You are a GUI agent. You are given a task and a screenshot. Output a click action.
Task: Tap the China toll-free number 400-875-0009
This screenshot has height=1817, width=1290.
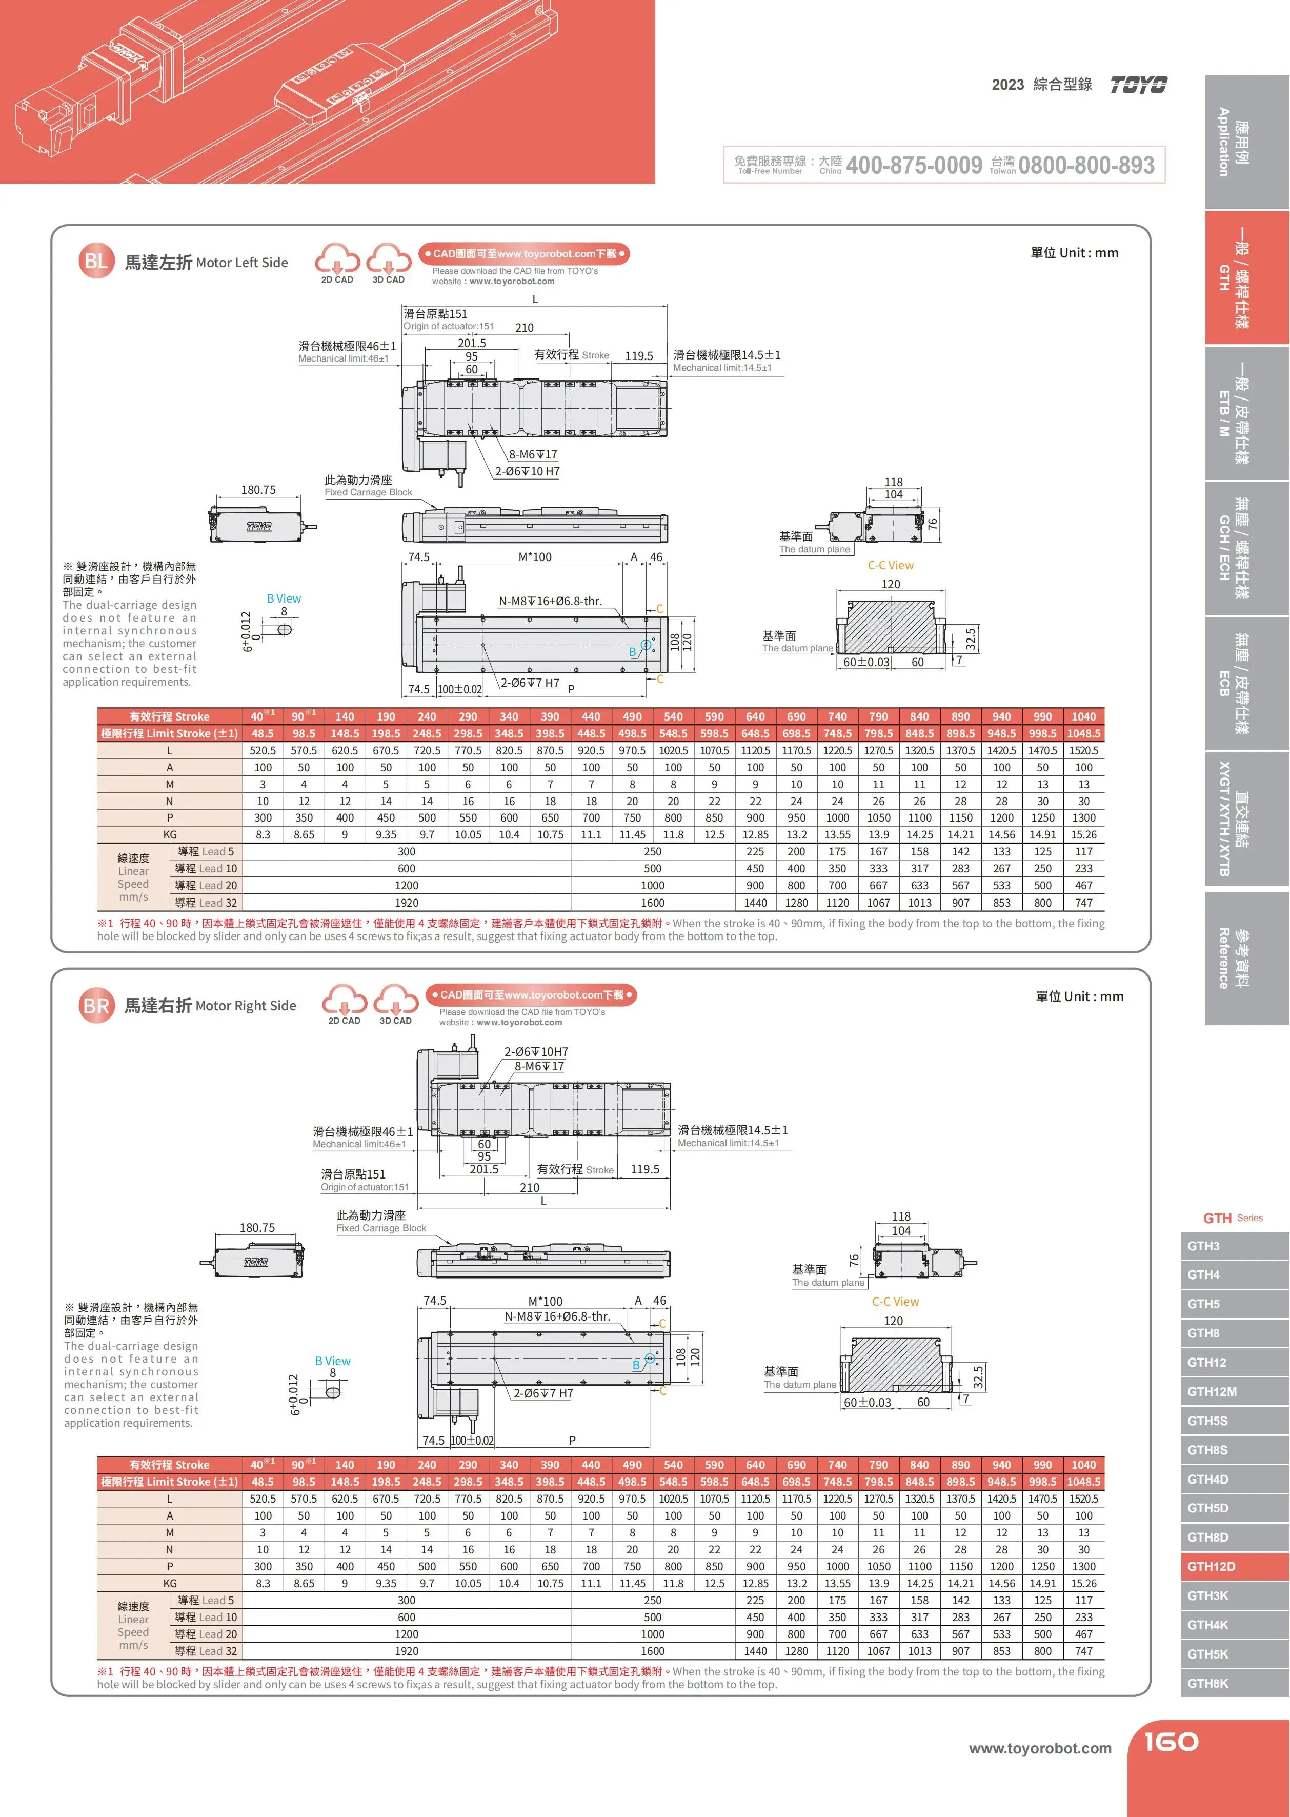coord(914,165)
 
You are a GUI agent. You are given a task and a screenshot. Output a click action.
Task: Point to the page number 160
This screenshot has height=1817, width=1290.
coord(1171,1742)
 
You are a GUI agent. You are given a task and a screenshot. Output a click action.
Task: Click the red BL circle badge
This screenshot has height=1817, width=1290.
coord(96,262)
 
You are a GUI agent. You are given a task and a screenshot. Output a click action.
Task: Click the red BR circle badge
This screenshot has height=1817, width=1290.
coord(96,1006)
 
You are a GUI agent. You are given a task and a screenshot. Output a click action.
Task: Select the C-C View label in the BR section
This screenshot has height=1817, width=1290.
coord(895,1302)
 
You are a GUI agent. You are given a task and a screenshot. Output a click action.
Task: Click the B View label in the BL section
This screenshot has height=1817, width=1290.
coord(284,598)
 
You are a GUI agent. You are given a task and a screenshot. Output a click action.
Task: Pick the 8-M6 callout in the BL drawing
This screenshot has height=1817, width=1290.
coord(533,454)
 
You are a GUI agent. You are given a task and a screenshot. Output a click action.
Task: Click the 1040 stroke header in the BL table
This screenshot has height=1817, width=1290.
coord(1083,716)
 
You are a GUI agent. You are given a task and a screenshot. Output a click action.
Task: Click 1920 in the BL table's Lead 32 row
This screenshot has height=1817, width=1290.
coord(406,903)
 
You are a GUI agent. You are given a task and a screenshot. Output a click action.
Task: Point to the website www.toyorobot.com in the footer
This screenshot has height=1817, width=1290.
coord(1040,1748)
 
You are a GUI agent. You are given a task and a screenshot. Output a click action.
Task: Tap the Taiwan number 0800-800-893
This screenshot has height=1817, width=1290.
coord(1086,165)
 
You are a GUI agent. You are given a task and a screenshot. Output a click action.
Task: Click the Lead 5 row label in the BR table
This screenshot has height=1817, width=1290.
coord(206,1600)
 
